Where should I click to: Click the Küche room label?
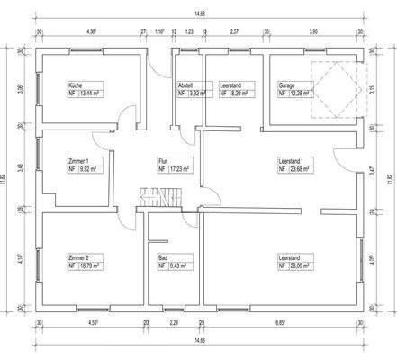click(x=75, y=85)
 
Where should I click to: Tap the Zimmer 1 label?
click(x=78, y=159)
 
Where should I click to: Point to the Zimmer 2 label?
click(x=78, y=257)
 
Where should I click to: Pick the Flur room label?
click(x=163, y=159)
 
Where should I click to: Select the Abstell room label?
click(x=185, y=85)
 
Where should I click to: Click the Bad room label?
click(x=162, y=257)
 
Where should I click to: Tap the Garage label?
click(x=286, y=85)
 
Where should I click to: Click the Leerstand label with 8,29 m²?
click(x=230, y=85)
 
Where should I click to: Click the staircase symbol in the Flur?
click(x=163, y=197)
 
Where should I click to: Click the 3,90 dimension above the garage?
click(x=313, y=31)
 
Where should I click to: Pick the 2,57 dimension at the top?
click(x=233, y=31)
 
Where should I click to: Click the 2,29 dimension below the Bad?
click(x=174, y=321)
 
